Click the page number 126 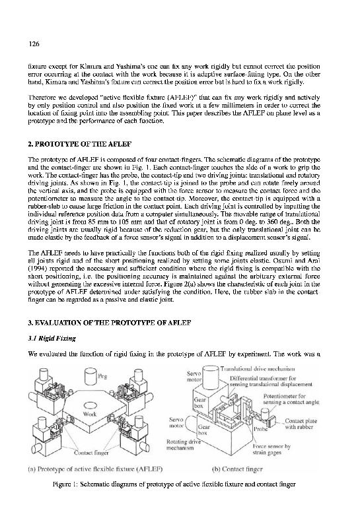coord(34,44)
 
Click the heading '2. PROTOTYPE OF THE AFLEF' coord(79,144)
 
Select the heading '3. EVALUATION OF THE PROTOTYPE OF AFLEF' coord(110,323)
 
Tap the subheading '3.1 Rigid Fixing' coord(52,339)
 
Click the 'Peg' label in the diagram coord(102,376)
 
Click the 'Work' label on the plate coord(90,414)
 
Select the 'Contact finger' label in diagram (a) coord(91,453)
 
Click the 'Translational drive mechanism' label coord(258,369)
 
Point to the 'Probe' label coord(260,429)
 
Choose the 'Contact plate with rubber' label coord(301,424)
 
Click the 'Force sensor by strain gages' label coord(271,449)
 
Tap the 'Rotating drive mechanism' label coord(184,445)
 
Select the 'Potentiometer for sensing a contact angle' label coord(291,399)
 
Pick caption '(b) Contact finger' coord(237,469)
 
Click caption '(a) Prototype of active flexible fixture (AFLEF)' coord(95,469)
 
